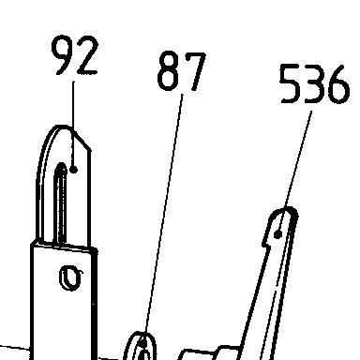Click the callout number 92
coord(74,55)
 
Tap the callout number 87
coord(181,70)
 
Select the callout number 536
coord(314,83)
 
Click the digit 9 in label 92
coord(63,55)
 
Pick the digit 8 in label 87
coord(169,70)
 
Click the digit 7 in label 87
coord(195,71)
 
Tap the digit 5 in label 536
coord(290,83)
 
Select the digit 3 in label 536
coord(313,83)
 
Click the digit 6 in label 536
coord(338,83)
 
